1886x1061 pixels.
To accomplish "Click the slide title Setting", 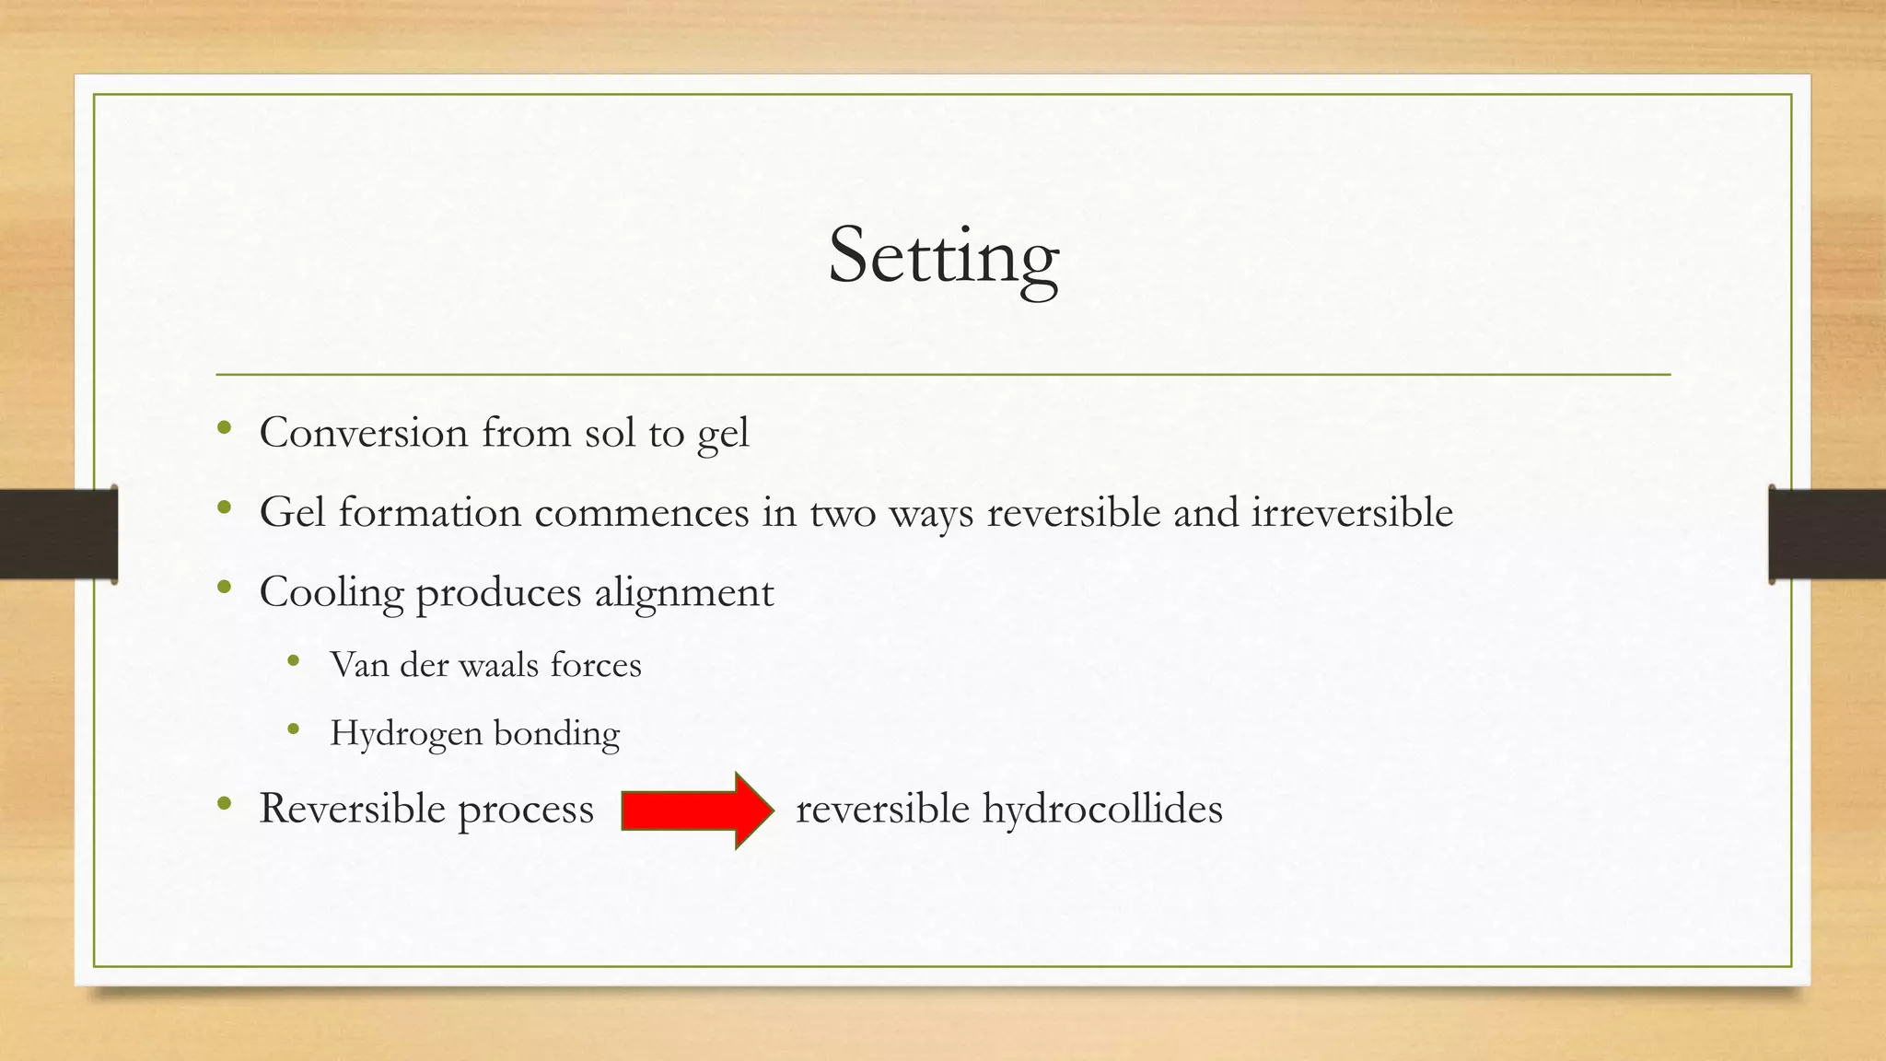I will click(943, 256).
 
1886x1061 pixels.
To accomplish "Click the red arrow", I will click(697, 810).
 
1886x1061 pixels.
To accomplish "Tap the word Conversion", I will click(364, 432).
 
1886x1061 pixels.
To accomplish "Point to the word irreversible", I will click(1352, 512).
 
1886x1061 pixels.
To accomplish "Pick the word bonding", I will click(556, 734).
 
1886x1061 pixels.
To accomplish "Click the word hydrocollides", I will click(1101, 809).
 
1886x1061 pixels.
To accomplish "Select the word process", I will click(526, 810).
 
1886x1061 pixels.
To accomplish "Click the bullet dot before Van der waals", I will click(294, 660).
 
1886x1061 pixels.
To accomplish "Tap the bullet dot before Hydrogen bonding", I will click(294, 729).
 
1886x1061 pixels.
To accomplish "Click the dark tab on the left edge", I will click(58, 534).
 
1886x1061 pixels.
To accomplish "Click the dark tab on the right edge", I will click(1827, 534).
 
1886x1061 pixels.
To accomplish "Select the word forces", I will click(595, 664).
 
